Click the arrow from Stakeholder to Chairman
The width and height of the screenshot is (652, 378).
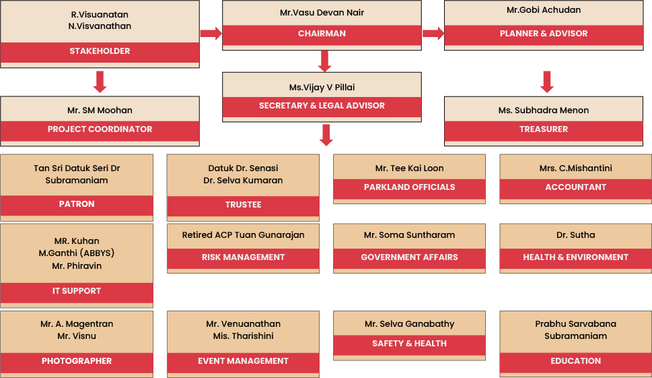coord(211,33)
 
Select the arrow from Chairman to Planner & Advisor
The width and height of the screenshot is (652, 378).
coord(433,33)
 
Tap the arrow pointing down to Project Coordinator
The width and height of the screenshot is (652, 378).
coord(100,81)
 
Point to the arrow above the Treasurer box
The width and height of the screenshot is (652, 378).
coord(547,82)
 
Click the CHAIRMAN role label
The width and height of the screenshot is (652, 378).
coord(322,34)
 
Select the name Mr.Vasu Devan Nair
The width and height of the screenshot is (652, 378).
coord(322,13)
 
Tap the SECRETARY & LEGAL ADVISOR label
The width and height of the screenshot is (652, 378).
coord(322,106)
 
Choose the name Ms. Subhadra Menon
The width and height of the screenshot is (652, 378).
coord(543,110)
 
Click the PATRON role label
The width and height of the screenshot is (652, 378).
coord(77,204)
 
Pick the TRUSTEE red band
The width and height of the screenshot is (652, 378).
coord(243,205)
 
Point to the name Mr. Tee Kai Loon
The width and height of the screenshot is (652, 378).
coord(409,168)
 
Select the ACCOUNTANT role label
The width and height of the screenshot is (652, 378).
coord(575,187)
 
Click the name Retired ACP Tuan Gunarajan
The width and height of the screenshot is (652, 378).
coord(243,235)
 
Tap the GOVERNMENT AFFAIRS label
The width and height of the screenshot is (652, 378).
coord(409,257)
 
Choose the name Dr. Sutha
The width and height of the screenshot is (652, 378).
coord(575,235)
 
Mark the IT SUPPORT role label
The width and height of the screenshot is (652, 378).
coord(77,291)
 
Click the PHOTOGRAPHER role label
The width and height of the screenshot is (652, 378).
coord(77,361)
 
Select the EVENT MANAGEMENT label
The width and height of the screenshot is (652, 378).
coord(243,361)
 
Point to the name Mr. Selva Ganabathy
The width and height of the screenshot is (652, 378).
coord(409,324)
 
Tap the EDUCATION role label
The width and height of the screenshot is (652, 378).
coord(575,361)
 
